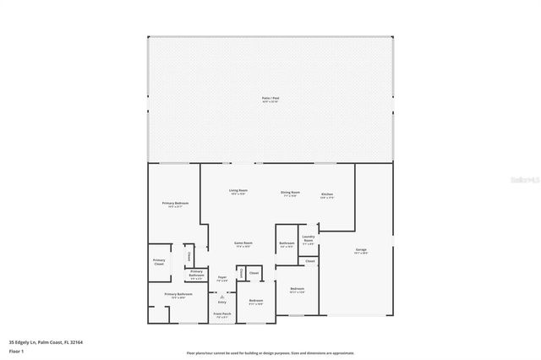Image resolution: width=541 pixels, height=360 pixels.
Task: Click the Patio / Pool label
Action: click(x=270, y=99)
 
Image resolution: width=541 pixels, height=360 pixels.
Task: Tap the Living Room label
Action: click(x=238, y=192)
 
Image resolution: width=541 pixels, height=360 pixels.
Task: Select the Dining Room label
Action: click(x=288, y=193)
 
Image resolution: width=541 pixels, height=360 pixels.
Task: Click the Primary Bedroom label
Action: click(x=175, y=205)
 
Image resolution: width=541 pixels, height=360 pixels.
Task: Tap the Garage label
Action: click(x=360, y=251)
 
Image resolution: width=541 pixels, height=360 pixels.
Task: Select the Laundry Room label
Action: click(x=309, y=239)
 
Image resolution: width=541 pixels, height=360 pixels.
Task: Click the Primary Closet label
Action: click(x=159, y=262)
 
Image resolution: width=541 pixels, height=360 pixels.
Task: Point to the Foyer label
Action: click(x=221, y=278)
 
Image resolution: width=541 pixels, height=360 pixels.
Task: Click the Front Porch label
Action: click(x=221, y=315)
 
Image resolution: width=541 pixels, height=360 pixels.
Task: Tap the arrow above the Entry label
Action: click(x=221, y=296)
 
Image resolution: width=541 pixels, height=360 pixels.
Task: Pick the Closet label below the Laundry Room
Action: click(x=310, y=261)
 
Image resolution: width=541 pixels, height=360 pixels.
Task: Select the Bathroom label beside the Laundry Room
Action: click(x=286, y=245)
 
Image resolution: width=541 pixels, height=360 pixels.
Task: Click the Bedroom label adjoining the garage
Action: click(x=297, y=290)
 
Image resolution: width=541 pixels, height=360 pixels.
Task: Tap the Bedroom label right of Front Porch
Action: click(x=256, y=302)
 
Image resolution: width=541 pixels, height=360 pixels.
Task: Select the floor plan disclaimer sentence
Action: click(x=270, y=353)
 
